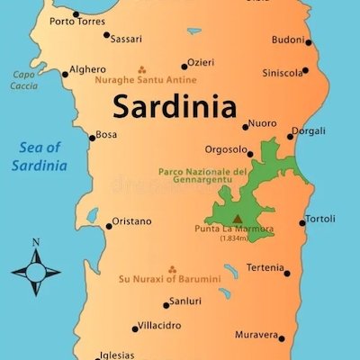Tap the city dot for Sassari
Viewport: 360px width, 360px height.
point(107,36)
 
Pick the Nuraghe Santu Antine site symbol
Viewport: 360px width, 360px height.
point(141,68)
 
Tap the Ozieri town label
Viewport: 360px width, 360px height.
point(201,65)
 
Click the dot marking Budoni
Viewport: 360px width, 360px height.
point(309,42)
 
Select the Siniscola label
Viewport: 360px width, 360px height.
point(283,73)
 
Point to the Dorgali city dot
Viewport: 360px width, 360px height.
point(291,137)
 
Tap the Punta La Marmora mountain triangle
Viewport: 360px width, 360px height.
point(238,218)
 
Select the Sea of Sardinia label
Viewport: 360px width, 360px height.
point(39,157)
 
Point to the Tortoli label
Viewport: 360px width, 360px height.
point(320,220)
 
